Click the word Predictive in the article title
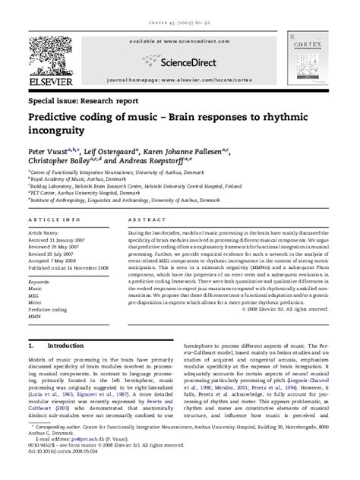tap(57, 118)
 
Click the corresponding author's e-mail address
tap(96, 458)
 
